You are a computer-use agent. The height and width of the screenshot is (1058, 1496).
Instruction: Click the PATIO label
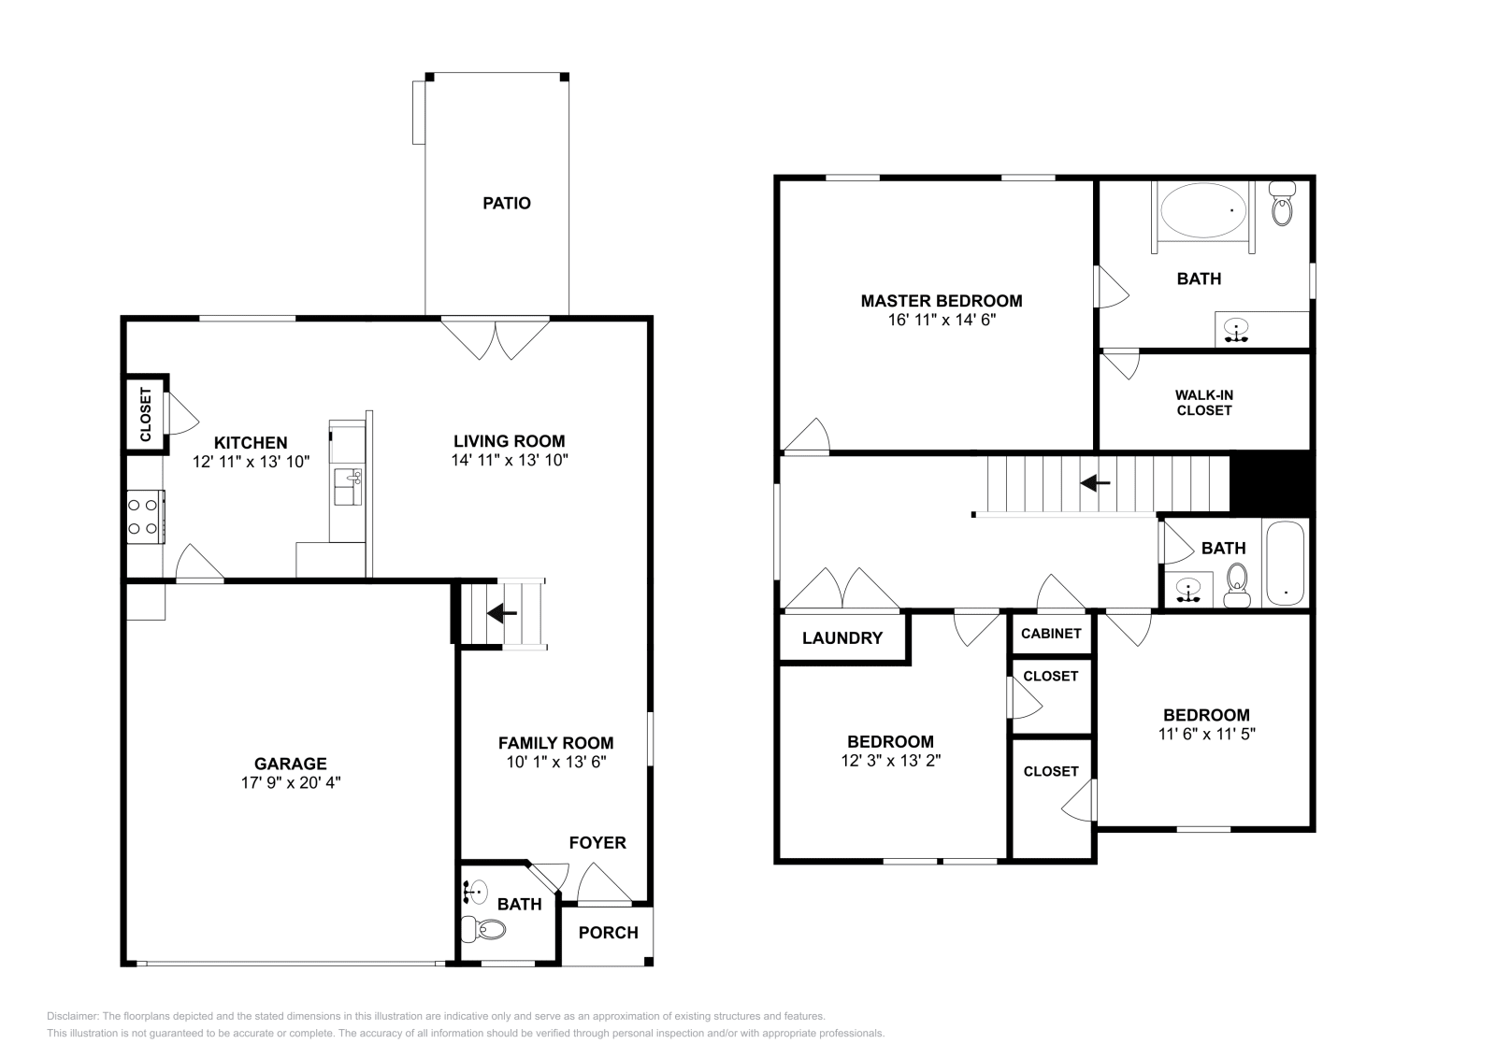point(506,203)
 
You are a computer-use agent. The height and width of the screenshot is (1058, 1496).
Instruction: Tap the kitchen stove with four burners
point(146,517)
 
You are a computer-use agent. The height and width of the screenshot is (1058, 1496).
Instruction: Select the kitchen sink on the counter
point(348,486)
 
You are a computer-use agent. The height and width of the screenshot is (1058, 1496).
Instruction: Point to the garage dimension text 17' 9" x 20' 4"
point(291,782)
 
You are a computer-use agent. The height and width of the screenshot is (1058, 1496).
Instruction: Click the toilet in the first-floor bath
point(483,929)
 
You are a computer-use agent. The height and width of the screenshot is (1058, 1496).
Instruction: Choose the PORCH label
point(608,933)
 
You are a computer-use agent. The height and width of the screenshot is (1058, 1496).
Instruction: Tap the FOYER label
point(597,842)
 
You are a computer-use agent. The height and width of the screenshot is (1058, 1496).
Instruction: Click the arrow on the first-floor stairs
point(501,612)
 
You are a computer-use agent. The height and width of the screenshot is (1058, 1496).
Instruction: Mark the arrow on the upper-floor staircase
point(1095,482)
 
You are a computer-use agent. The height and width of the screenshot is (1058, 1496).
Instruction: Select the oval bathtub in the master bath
point(1203,209)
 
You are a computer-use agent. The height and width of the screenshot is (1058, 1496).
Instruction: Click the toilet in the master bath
point(1282,203)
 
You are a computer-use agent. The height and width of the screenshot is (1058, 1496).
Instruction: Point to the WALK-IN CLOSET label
point(1204,403)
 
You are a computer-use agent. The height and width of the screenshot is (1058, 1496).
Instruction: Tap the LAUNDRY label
point(842,638)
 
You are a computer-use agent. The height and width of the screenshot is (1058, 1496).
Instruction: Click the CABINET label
point(1051,634)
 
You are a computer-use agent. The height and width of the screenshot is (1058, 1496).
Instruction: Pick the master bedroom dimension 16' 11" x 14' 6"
point(942,320)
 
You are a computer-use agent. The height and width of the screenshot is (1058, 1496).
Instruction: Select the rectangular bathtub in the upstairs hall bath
point(1285,564)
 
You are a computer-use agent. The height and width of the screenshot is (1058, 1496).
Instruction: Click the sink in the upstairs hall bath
point(1188,590)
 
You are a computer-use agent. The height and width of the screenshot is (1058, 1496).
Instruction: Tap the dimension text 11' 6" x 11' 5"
point(1207,734)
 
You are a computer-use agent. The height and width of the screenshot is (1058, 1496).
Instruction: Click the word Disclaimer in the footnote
point(73,1016)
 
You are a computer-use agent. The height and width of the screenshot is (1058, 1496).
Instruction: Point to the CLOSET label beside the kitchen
point(146,415)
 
